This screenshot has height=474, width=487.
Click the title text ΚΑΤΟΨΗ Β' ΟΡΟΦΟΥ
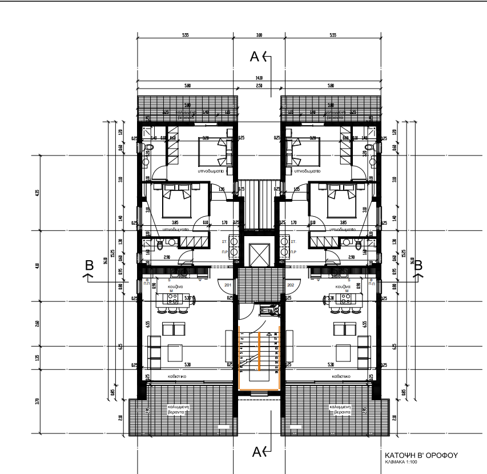point(421,455)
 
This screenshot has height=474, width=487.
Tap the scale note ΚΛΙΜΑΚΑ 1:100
point(401,462)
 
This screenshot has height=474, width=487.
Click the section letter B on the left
point(89,265)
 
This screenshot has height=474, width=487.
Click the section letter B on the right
point(418,265)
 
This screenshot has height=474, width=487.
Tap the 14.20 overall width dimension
point(259,78)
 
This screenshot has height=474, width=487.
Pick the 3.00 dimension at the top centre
point(259,35)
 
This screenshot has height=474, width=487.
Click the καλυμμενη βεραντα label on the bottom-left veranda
point(178,409)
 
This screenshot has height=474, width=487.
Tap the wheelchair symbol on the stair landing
point(265,310)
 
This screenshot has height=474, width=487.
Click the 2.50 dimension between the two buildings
point(259,86)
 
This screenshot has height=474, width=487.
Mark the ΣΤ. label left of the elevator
point(226,233)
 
